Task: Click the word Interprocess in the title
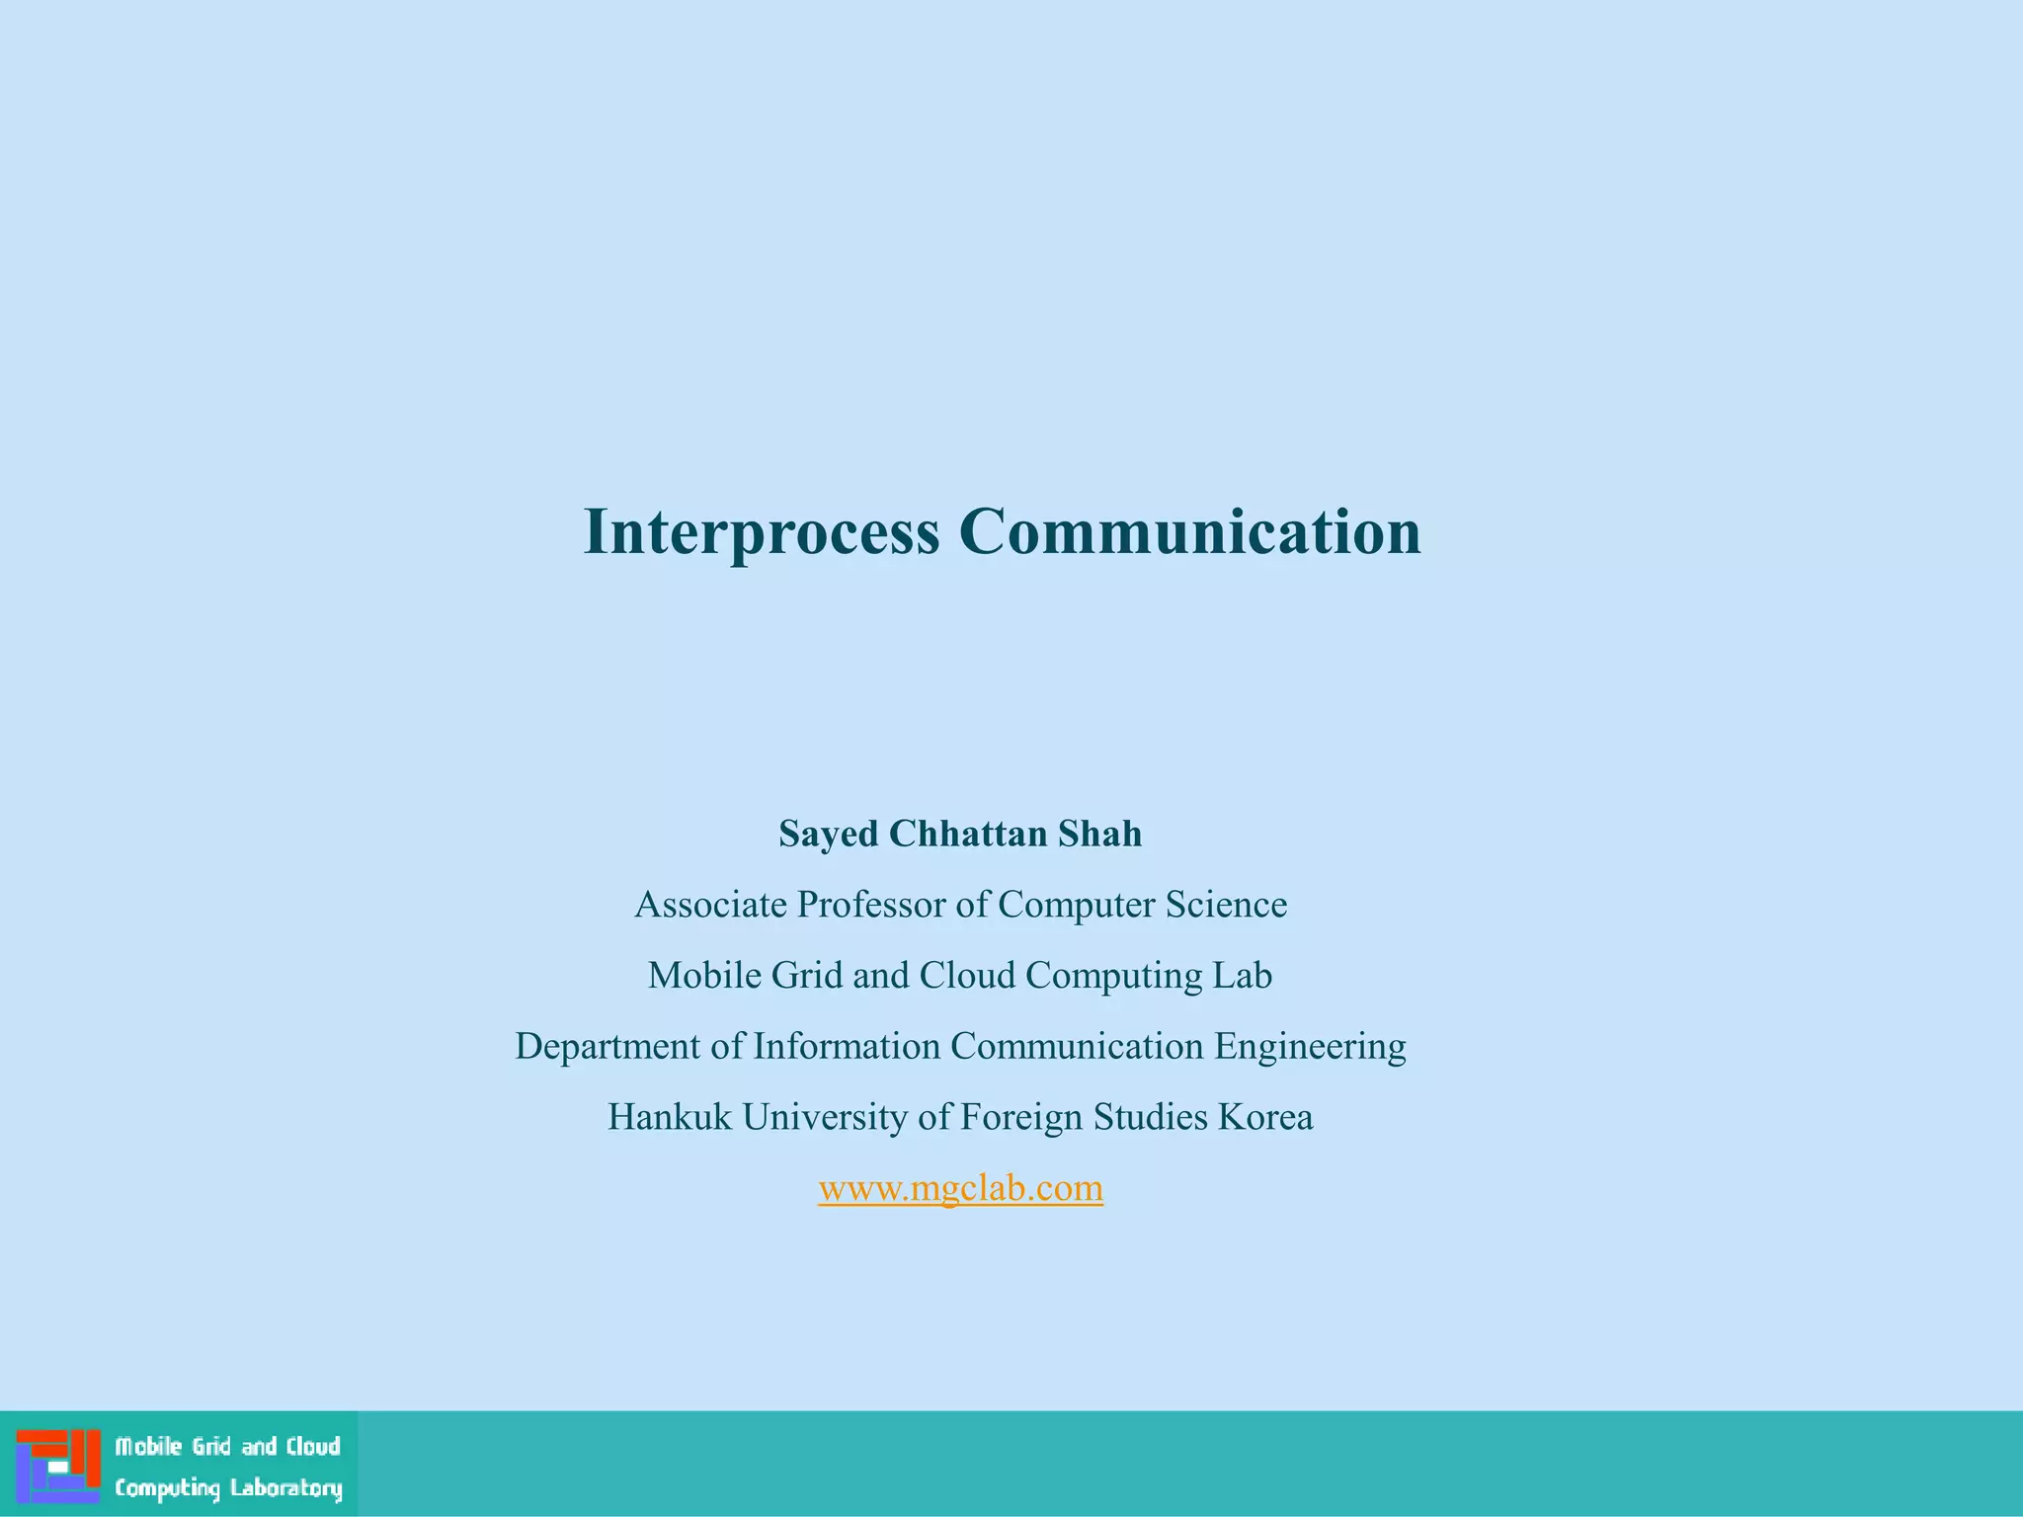click(761, 532)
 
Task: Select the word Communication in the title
click(1189, 532)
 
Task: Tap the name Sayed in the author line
click(828, 834)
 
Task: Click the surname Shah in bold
click(1099, 834)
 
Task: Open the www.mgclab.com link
click(960, 1187)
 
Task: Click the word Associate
click(710, 905)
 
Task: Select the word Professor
click(871, 905)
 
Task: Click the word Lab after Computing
click(1243, 976)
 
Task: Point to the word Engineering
click(1310, 1047)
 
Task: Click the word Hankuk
click(669, 1117)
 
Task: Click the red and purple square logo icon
click(58, 1466)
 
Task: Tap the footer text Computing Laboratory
click(228, 1487)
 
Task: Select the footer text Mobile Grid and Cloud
click(228, 1447)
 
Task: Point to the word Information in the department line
click(847, 1047)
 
